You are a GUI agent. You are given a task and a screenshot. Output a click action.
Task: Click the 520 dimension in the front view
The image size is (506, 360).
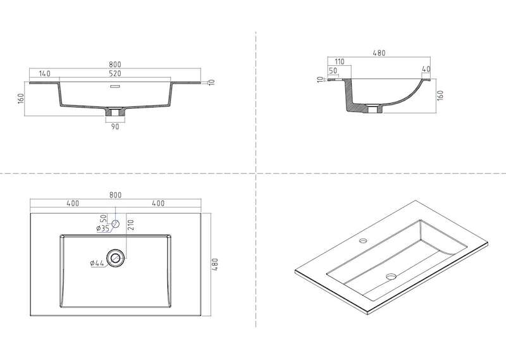click(x=115, y=73)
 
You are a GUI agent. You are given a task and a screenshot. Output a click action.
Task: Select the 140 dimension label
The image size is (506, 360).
click(x=45, y=73)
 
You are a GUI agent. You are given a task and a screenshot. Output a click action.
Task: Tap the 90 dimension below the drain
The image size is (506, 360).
click(x=115, y=127)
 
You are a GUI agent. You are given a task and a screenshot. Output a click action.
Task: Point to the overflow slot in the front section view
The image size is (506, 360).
click(x=115, y=86)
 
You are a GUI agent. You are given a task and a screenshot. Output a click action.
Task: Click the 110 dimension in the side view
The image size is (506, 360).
click(x=340, y=61)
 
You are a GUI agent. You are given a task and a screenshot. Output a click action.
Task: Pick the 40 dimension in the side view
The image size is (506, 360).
click(x=426, y=69)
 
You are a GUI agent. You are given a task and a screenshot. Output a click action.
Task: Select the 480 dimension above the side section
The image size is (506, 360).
click(x=379, y=53)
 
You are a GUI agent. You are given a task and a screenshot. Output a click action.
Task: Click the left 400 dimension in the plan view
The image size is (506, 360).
click(x=73, y=203)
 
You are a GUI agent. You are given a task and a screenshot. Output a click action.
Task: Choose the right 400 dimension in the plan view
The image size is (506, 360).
click(x=158, y=203)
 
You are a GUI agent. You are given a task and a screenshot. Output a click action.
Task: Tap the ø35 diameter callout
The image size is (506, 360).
click(x=102, y=228)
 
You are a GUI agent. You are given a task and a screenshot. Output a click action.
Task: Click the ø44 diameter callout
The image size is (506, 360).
click(x=97, y=263)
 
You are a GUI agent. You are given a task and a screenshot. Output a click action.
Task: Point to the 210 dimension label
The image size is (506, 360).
click(x=131, y=225)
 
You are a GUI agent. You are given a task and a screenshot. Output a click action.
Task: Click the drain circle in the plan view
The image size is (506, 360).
click(x=115, y=258)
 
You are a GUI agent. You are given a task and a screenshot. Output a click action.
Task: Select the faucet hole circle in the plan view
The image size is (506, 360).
click(x=116, y=224)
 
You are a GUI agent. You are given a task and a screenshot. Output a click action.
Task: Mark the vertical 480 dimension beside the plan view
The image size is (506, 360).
click(x=215, y=264)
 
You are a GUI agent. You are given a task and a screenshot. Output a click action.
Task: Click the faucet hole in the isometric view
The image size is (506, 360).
click(x=364, y=240)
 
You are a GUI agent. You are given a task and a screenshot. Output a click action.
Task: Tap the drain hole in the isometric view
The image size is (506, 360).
click(x=391, y=276)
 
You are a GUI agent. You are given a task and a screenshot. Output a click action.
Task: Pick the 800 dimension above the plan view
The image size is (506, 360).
click(x=115, y=195)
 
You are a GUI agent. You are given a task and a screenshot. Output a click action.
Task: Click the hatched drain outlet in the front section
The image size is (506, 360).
click(x=115, y=112)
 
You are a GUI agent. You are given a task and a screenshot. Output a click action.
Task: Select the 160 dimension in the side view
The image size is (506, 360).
click(x=440, y=96)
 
